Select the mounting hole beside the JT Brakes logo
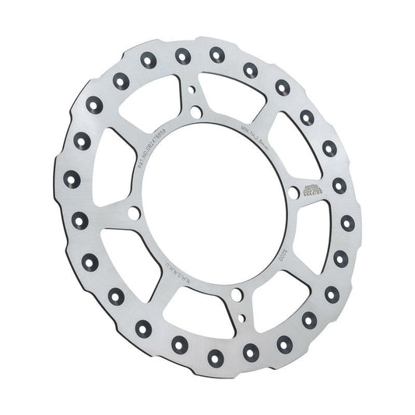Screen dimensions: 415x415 (293, 190)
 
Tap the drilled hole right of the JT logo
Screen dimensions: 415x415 (339, 185)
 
